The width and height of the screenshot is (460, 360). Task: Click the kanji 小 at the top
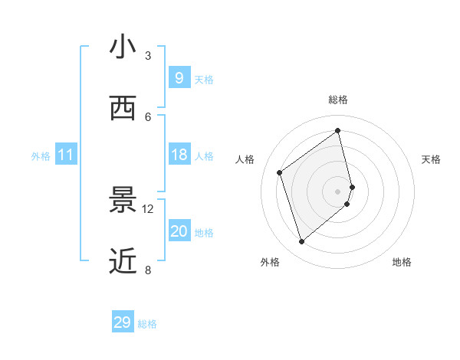coord(123,47)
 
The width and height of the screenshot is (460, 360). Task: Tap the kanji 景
coord(123,201)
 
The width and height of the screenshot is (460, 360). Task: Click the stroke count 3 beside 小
coord(148,55)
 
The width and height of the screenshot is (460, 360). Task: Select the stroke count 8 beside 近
coord(148,270)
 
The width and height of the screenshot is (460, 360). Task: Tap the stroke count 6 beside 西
coord(148,116)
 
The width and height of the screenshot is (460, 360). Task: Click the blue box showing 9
coord(179,78)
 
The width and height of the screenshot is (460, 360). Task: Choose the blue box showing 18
coord(179,155)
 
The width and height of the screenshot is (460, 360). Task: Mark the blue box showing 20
coord(179,231)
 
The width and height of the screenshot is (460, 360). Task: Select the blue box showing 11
coord(66,155)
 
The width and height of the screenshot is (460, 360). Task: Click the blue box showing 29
coord(123,322)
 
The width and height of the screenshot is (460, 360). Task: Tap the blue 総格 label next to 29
coord(147,324)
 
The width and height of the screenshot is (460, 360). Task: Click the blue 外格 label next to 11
coord(41,156)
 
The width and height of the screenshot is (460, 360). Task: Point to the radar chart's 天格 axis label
coord(431,159)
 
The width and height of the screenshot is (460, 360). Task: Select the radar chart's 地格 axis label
coord(402,262)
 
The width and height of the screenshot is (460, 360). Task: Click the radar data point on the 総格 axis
coord(338,130)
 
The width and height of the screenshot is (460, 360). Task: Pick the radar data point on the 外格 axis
coord(301,242)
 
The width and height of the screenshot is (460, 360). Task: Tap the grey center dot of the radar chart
coord(338,191)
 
